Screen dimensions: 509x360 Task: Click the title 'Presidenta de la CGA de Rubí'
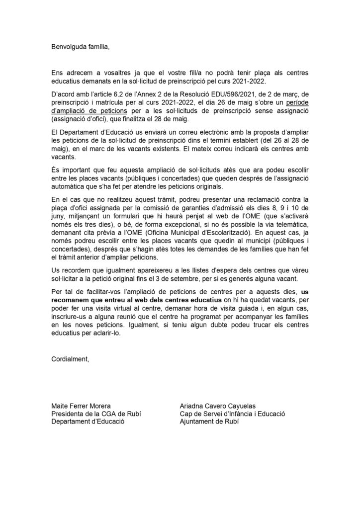(x=94, y=413)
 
